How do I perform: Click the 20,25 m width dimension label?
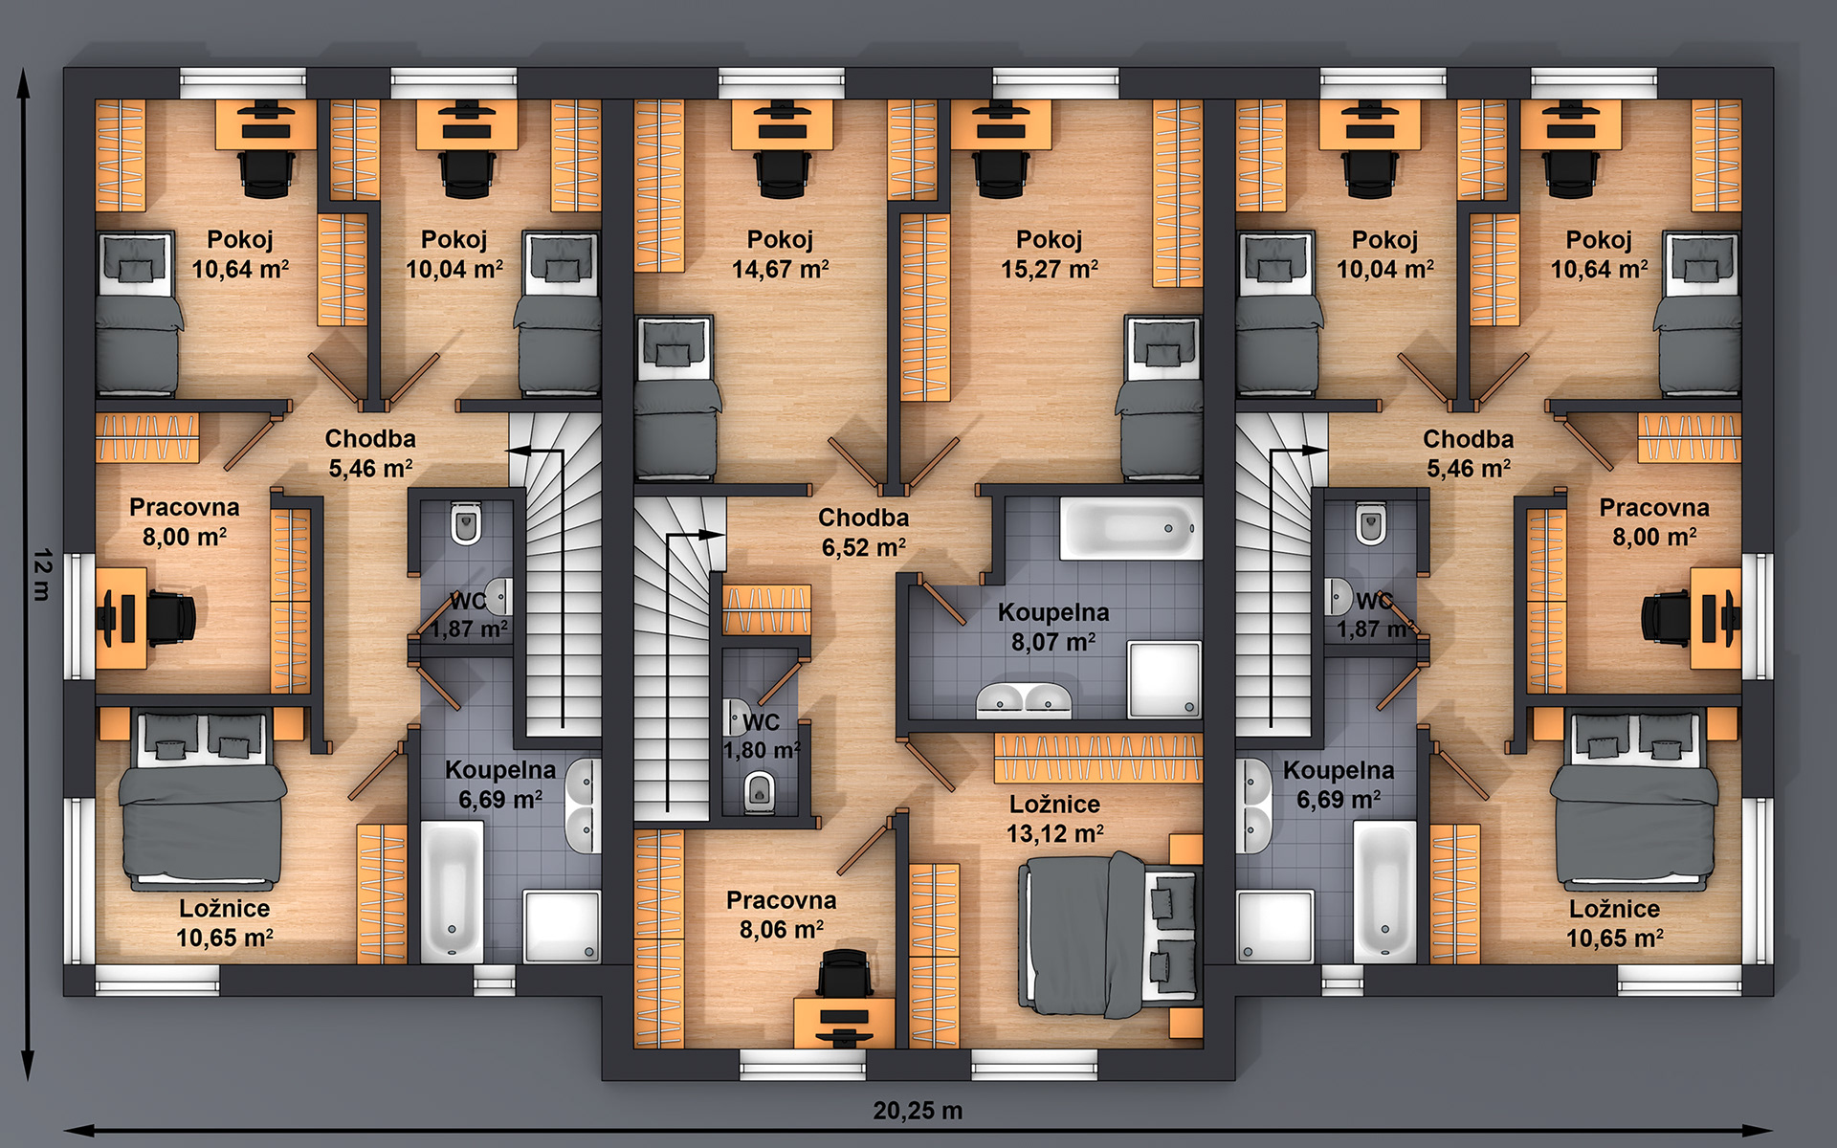click(918, 1111)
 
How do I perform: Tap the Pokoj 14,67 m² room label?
click(780, 254)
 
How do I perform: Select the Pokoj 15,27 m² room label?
click(1050, 254)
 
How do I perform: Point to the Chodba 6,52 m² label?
click(864, 533)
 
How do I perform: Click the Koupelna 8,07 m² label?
click(1053, 627)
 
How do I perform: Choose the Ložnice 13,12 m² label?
click(1054, 819)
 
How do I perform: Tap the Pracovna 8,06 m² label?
click(781, 915)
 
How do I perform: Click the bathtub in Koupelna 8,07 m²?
click(1130, 528)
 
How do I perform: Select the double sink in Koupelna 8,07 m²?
click(1024, 700)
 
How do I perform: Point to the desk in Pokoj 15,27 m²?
click(1001, 124)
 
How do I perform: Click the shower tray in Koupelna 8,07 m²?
click(1164, 680)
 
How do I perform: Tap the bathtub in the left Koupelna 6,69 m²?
click(452, 891)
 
